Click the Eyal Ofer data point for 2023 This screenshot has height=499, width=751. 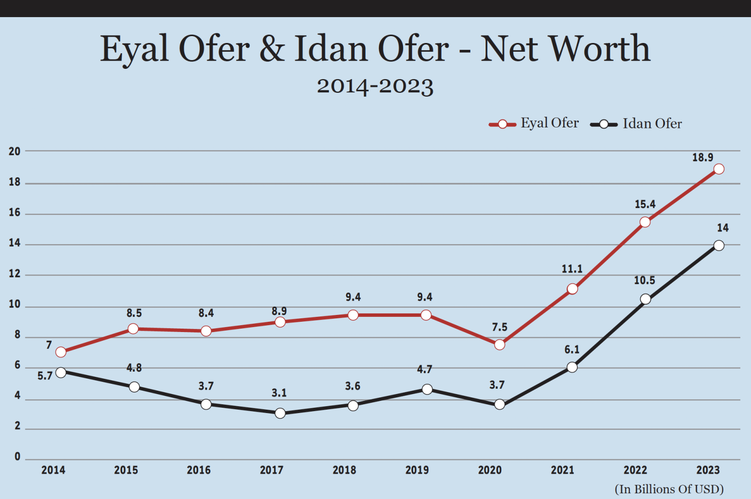click(x=719, y=169)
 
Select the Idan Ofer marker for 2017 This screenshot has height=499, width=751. click(x=280, y=414)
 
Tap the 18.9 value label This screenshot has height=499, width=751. click(x=703, y=158)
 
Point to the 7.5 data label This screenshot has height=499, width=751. click(x=500, y=327)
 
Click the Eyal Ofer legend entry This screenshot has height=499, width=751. click(x=534, y=124)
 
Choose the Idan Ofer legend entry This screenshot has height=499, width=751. click(x=636, y=124)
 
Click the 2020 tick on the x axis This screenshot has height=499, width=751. click(x=489, y=470)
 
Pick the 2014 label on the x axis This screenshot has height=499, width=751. click(x=53, y=470)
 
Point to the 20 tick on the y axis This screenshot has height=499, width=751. click(x=15, y=151)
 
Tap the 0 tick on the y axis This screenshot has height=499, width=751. click(x=18, y=457)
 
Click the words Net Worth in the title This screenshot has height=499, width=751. click(x=565, y=49)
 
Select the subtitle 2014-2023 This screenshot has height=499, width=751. click(x=375, y=86)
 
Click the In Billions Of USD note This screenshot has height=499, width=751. click(x=669, y=489)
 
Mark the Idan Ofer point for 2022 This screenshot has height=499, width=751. click(x=645, y=299)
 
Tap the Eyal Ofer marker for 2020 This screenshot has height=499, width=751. click(x=500, y=345)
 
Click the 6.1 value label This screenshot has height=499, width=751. click(x=572, y=350)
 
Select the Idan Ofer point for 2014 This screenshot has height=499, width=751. click(x=61, y=373)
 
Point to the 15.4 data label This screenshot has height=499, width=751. click(x=645, y=205)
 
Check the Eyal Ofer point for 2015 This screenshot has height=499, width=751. click(x=133, y=329)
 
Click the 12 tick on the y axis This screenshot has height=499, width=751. click(x=15, y=274)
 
